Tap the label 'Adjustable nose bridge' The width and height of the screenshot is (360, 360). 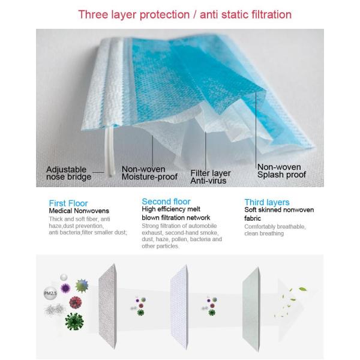coord(69,173)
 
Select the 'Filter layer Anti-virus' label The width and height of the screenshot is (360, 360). coord(210,176)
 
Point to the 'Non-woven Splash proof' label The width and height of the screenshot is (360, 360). coord(281,171)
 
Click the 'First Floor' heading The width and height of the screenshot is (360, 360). coord(68,203)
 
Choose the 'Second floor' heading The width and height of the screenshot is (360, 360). coord(166,202)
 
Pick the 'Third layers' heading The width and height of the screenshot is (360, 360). coord(267,203)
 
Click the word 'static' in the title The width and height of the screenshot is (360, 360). coord(229,14)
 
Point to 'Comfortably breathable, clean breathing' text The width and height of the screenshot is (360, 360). coord(275,230)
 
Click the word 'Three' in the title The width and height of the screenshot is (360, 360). coord(92,14)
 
